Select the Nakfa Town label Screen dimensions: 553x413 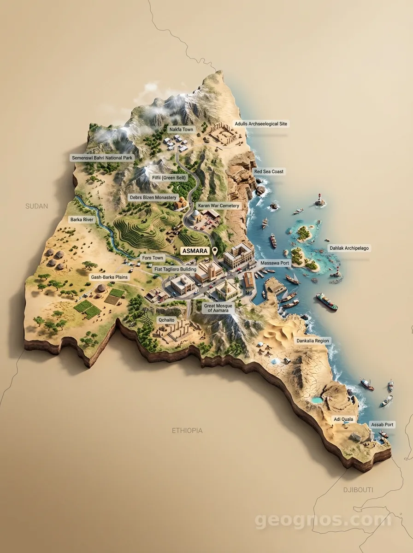pos(181,129)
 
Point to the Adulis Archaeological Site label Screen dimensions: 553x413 pos(262,124)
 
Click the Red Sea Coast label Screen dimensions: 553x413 pos(269,171)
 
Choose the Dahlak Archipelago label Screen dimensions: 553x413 pos(349,248)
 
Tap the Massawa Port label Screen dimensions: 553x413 pos(275,263)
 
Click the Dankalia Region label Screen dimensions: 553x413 pos(313,341)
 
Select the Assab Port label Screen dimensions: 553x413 pos(382,424)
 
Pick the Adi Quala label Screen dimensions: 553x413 pos(343,419)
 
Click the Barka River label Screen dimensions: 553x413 pos(82,220)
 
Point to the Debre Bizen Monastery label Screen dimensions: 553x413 pos(153,197)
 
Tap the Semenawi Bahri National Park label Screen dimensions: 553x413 pos(102,158)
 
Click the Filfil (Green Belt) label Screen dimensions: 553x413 pos(169,177)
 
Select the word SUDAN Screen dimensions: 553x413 pos(36,206)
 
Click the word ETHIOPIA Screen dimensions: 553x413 pos(187,430)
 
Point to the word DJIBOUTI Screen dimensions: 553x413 pos(358,489)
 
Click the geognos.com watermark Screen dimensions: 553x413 pos(323,520)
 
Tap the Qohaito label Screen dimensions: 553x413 pos(166,319)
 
